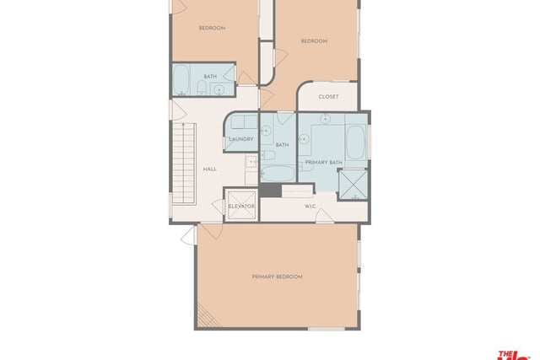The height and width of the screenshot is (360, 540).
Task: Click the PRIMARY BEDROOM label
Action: [277, 277]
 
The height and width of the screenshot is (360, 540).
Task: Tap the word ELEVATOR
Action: [241, 207]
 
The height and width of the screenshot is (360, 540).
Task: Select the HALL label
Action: [210, 169]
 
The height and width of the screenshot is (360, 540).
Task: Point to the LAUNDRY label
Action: [241, 139]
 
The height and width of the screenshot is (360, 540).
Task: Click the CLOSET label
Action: [328, 97]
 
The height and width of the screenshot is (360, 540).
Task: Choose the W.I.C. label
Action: [310, 207]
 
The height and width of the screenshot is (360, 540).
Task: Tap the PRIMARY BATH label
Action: [324, 162]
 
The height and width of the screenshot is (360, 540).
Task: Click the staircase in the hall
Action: [184, 164]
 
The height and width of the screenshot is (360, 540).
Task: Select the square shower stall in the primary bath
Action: [353, 185]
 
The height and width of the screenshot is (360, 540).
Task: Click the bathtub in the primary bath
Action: [355, 142]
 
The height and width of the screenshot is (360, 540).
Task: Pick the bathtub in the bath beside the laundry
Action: [278, 174]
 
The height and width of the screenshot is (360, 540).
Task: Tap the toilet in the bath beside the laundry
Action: [267, 155]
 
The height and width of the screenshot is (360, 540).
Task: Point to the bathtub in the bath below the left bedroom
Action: [181, 80]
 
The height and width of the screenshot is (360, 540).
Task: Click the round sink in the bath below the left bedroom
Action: [219, 90]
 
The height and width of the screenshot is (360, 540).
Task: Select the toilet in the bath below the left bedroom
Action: [202, 88]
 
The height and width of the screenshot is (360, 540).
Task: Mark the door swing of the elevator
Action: [218, 206]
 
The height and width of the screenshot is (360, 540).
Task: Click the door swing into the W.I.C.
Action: [324, 216]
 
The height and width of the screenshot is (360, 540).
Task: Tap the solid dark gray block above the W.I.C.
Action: [271, 191]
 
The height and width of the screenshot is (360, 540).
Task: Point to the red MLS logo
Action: [514, 356]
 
